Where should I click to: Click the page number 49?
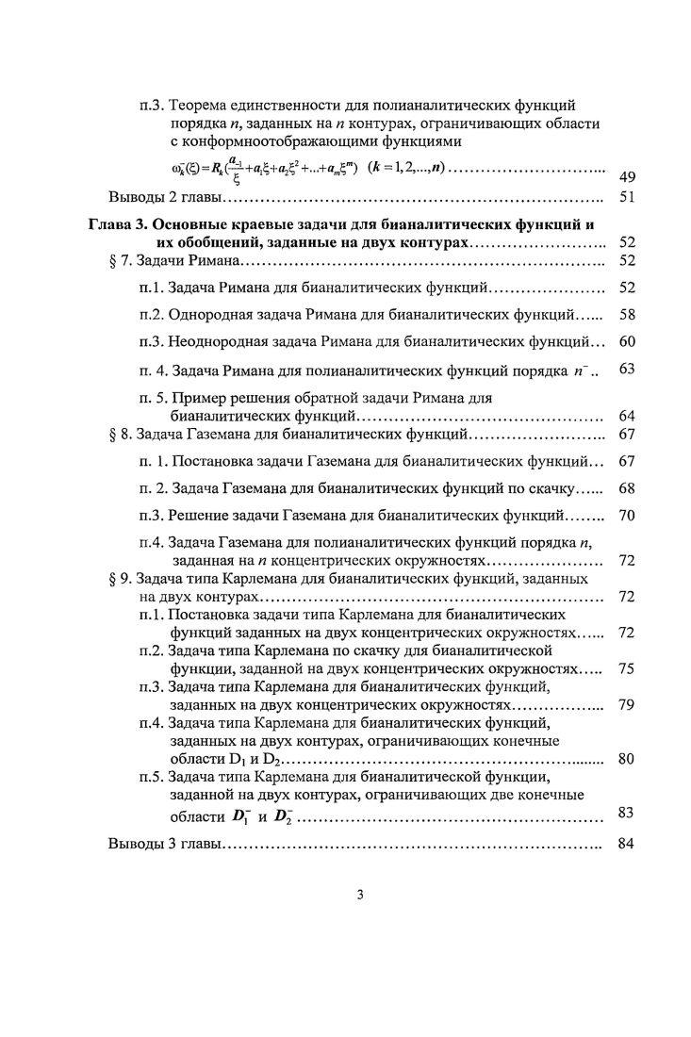coord(626,177)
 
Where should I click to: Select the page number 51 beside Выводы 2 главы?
coord(626,198)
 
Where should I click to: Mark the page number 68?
coord(626,488)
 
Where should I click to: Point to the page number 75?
coord(626,668)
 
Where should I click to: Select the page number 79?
coord(626,704)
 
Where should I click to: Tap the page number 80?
coord(626,759)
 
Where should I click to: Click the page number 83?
coord(626,812)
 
